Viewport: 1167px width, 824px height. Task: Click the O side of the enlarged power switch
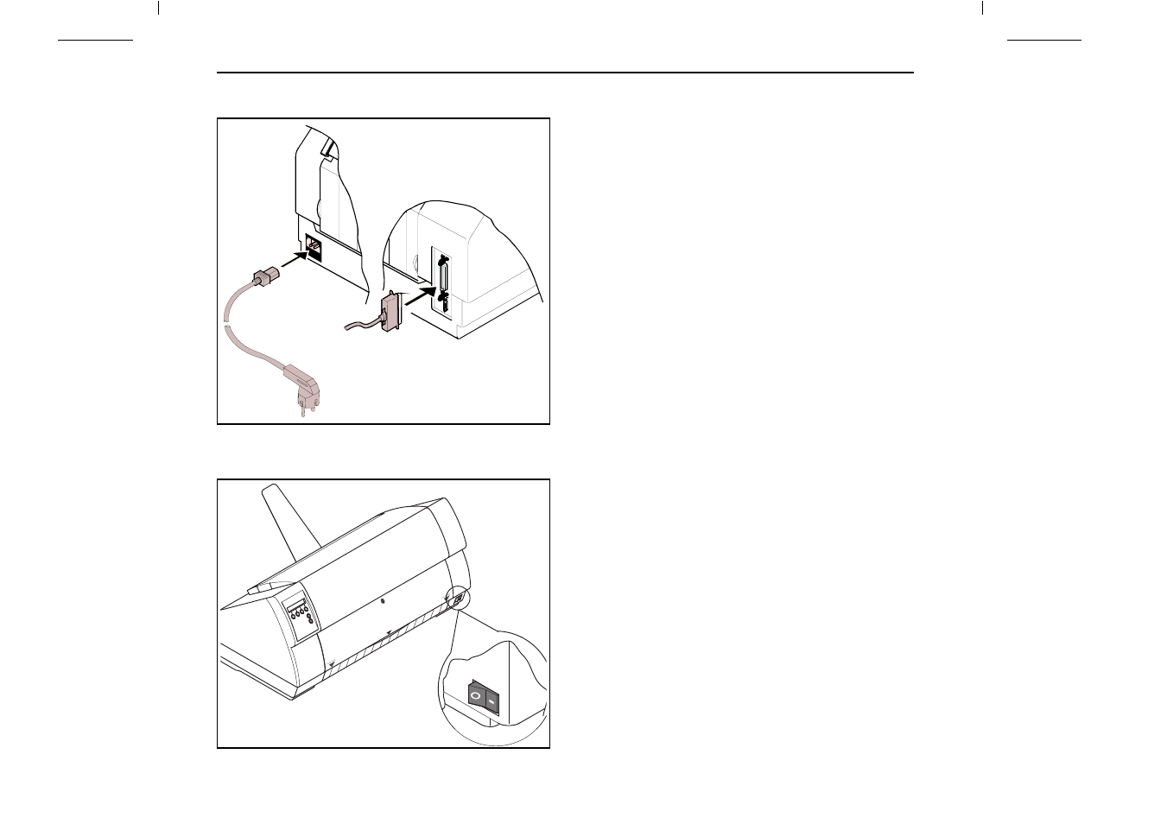[x=474, y=694]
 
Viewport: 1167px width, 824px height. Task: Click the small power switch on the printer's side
[x=458, y=597]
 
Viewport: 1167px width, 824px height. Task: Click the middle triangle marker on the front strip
[x=390, y=632]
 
